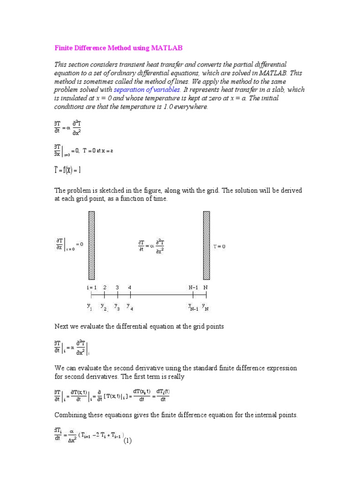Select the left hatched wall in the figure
(x=91, y=245)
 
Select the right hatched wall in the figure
(x=206, y=245)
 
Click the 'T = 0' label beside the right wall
(x=219, y=247)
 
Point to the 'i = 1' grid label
(x=91, y=287)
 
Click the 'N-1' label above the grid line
(x=194, y=287)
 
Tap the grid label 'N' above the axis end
(x=206, y=287)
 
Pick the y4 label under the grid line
(x=129, y=307)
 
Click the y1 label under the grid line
(x=90, y=307)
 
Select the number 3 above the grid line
(x=117, y=287)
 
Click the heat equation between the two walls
(x=151, y=246)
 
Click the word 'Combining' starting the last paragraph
(x=70, y=415)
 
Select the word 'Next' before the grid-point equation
(x=61, y=326)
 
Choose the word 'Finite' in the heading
(x=63, y=48)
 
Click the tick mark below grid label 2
(x=105, y=295)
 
